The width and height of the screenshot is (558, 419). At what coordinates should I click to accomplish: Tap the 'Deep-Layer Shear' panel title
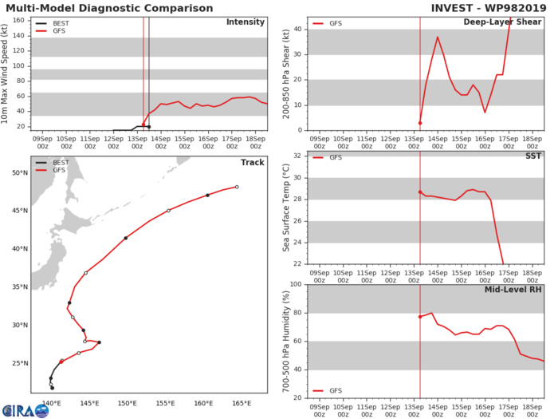tap(504, 22)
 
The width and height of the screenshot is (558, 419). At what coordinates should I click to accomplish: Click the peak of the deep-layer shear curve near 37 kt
tap(437, 37)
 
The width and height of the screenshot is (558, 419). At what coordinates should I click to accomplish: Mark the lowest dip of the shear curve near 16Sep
tap(485, 112)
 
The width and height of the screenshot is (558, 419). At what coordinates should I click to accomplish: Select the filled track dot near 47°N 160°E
tap(207, 196)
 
